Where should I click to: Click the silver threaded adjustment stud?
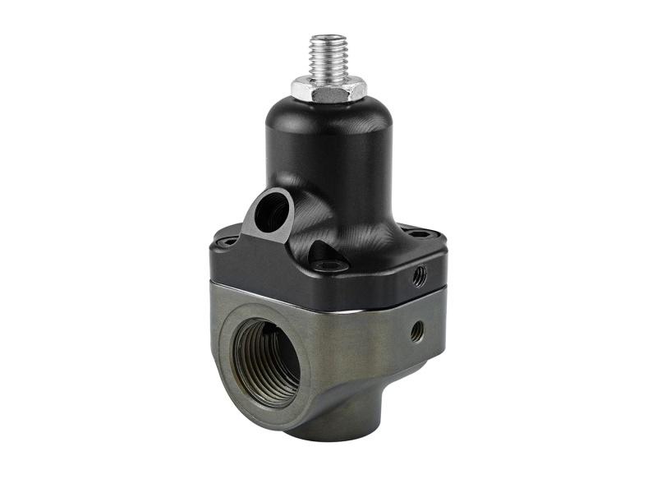click(328, 58)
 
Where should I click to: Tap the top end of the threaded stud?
click(328, 37)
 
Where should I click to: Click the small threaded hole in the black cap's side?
click(420, 274)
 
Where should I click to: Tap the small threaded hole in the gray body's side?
click(417, 331)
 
